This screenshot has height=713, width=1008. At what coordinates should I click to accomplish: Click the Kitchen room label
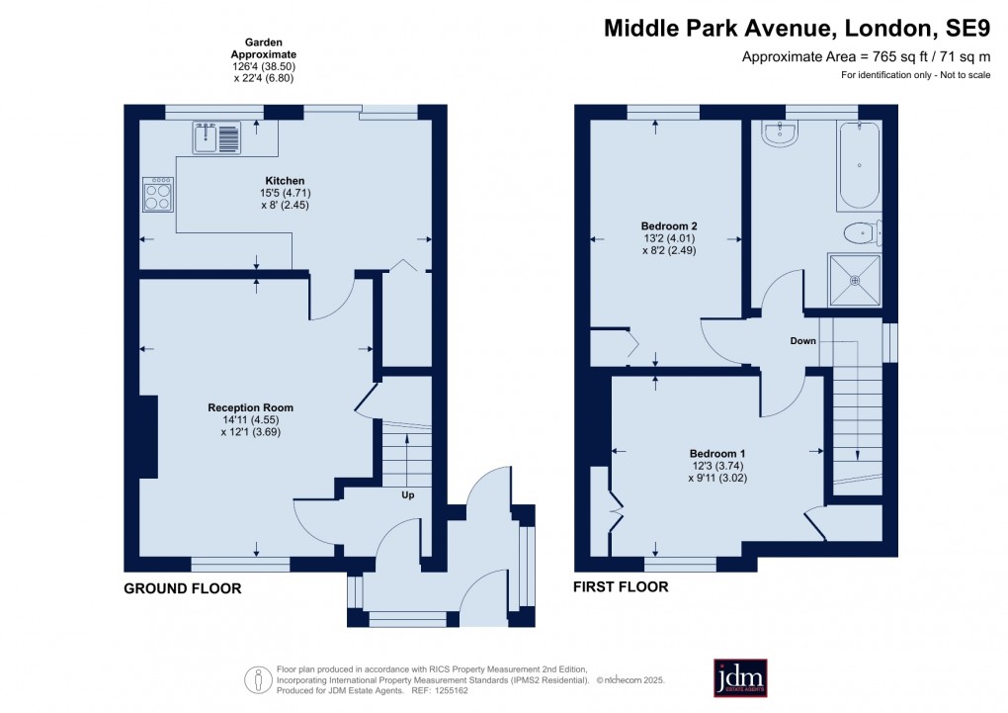(x=285, y=181)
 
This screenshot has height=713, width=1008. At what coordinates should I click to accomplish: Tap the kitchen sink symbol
(x=216, y=137)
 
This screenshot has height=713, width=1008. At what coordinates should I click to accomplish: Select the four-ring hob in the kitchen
(x=158, y=195)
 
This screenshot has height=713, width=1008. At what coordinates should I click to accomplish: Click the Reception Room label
(x=250, y=407)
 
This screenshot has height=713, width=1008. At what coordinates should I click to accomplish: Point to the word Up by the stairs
(x=407, y=494)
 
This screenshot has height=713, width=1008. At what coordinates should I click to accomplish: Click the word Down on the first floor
(x=802, y=340)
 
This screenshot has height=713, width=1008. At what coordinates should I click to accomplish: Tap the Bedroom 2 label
(x=669, y=225)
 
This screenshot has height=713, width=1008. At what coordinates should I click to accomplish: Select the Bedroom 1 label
(x=717, y=454)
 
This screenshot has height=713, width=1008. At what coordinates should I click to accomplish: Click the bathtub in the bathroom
(x=860, y=165)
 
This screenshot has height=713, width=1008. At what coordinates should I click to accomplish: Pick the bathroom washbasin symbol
(x=781, y=134)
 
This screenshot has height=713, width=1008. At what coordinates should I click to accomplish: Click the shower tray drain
(x=855, y=281)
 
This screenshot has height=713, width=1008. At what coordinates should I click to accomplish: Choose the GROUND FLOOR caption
(x=183, y=588)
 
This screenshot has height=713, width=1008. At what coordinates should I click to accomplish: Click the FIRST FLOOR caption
(x=621, y=586)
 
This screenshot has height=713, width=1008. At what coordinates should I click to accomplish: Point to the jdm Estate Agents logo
(x=740, y=677)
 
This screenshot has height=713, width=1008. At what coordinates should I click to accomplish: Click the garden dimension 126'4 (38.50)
(x=264, y=66)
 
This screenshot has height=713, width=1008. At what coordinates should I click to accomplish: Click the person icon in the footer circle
(x=259, y=679)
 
